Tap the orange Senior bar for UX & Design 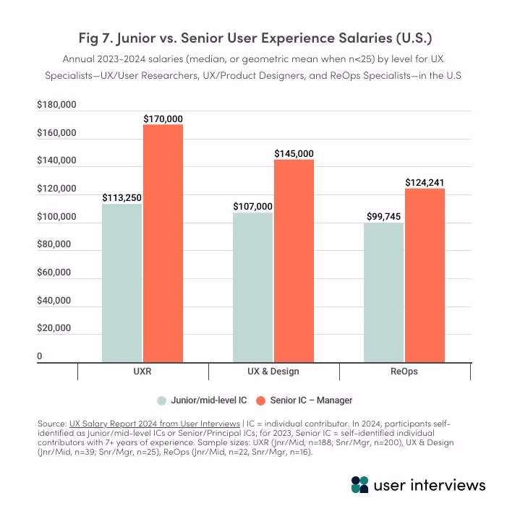pos(294,261)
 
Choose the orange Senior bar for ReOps pos(425,275)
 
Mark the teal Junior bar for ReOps pos(383,292)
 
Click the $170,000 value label pos(163,119)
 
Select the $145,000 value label pos(294,153)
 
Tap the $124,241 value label pos(425,182)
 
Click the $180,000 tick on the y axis pos(56,106)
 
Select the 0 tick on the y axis pos(40,356)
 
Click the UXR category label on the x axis pos(142,371)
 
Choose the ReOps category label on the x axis pos(404,371)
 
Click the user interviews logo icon pos(359,484)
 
